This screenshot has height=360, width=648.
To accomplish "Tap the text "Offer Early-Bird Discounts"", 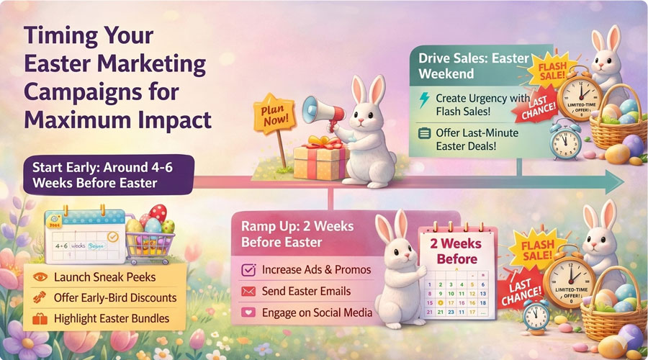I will tap(115, 297).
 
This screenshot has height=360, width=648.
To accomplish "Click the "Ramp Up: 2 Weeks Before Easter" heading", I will tap(298, 234).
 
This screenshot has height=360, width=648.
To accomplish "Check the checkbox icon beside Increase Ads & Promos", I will tap(250, 270).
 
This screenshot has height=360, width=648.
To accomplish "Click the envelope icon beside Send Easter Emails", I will tap(250, 292).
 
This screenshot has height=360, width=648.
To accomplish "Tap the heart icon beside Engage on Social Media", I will tap(250, 313).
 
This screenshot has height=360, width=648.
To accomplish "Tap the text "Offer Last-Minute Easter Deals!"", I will tap(477, 140).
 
